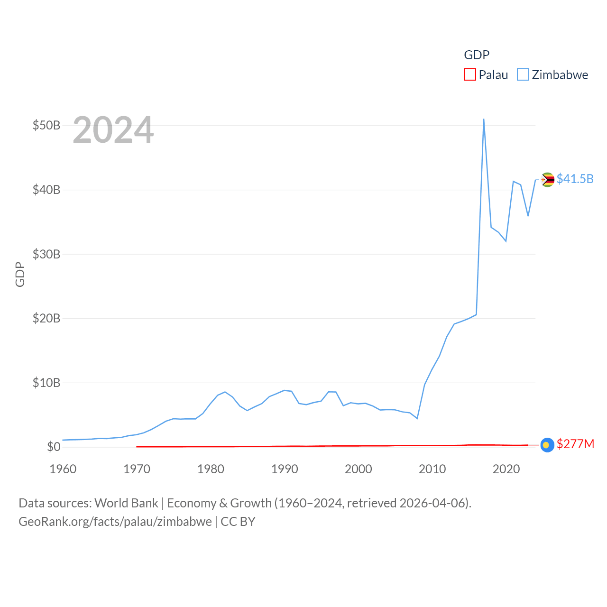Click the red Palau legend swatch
469,75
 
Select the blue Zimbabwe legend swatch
523,75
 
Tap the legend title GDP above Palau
477,55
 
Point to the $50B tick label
46,126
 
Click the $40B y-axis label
46,190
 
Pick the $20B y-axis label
46,318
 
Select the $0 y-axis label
54,447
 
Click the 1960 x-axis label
63,469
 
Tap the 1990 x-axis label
285,469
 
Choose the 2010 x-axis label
432,469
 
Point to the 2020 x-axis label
506,469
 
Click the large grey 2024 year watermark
113,130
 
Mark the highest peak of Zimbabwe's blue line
484,119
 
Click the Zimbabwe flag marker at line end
548,180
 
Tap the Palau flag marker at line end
547,445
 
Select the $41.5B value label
575,179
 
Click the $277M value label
575,444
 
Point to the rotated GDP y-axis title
20,274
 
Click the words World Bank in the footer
127,503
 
